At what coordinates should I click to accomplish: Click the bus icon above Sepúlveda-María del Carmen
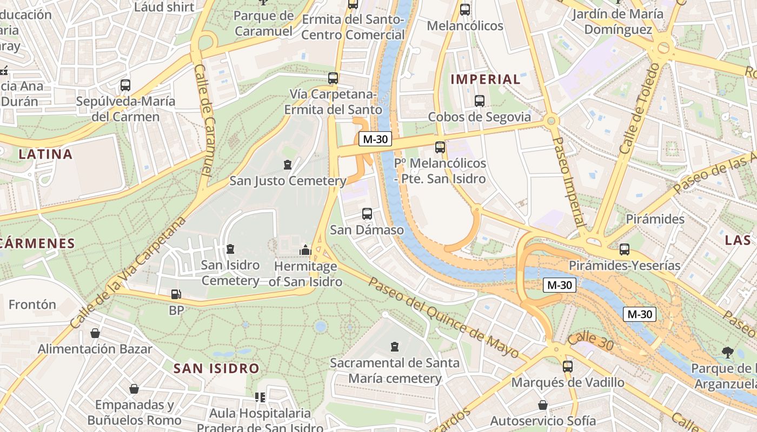[125, 85]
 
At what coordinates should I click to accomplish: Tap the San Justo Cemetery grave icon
[288, 165]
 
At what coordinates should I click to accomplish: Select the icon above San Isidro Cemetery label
[230, 249]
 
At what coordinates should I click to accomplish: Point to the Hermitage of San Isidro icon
[306, 250]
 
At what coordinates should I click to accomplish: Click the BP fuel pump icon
[176, 294]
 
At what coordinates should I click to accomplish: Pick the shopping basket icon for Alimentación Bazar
[95, 333]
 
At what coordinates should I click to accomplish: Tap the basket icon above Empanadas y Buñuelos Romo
[134, 389]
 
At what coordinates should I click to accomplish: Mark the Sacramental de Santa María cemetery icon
[395, 347]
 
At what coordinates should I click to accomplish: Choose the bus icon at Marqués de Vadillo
[568, 366]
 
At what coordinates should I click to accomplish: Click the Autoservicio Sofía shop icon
[543, 405]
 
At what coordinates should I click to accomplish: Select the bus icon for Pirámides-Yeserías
[625, 249]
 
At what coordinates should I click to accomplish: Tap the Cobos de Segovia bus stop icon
[479, 100]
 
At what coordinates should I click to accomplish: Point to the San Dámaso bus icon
[367, 214]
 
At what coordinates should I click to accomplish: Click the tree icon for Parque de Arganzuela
[727, 353]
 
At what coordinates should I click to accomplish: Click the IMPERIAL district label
[485, 79]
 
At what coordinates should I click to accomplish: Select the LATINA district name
[45, 154]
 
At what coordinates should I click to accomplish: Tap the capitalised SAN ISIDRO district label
[216, 369]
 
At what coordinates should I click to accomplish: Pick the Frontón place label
[32, 305]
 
